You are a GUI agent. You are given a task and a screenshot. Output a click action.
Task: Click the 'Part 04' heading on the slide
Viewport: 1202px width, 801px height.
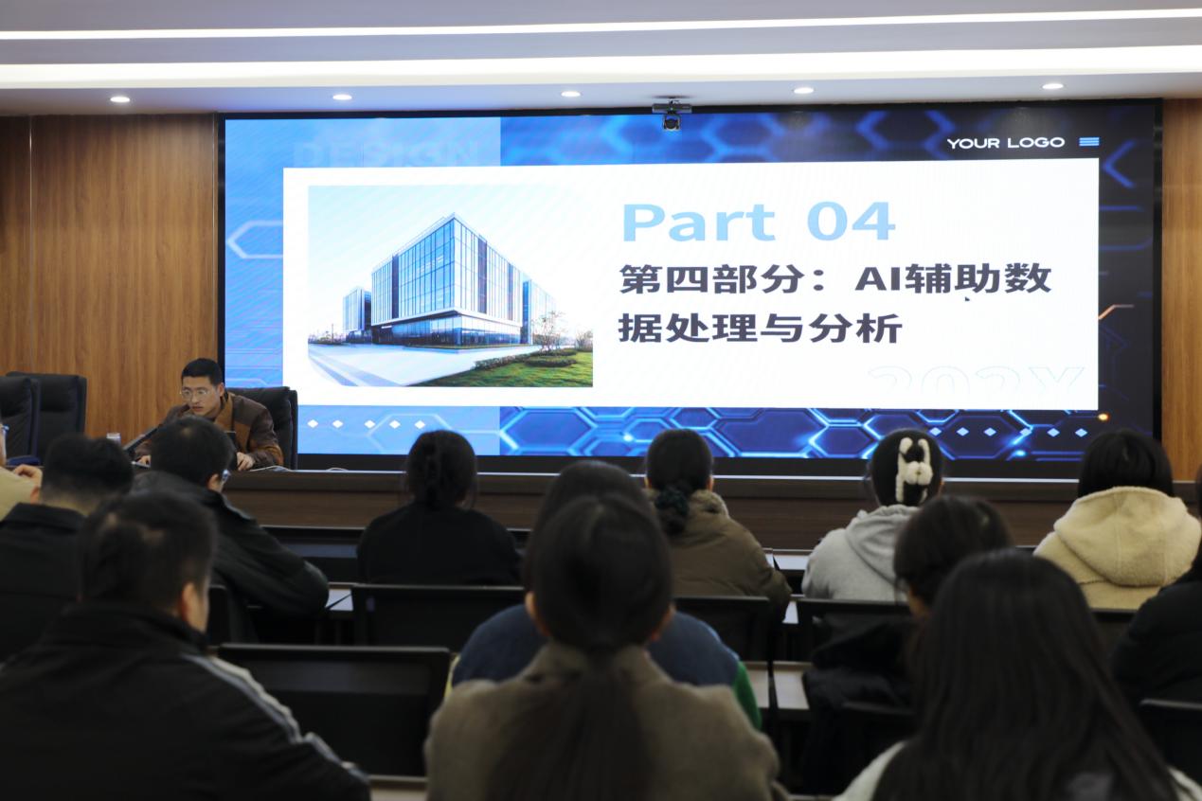(757, 222)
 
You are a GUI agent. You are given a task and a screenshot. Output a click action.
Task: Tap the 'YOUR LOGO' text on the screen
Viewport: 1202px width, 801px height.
(1005, 143)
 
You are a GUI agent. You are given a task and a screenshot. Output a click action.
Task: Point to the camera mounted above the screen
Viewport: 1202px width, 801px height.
(672, 116)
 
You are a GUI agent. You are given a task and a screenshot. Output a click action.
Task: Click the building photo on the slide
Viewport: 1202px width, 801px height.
(450, 286)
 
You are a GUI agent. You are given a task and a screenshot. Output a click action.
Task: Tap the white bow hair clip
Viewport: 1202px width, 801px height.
(913, 469)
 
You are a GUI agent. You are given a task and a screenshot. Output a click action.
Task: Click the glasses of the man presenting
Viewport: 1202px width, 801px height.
(197, 391)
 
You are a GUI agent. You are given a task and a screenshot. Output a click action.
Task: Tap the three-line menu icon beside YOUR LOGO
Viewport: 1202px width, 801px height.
(1088, 142)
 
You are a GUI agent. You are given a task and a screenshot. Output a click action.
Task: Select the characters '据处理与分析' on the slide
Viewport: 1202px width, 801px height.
(760, 329)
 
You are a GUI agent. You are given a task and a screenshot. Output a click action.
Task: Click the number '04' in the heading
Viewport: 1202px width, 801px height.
(850, 222)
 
